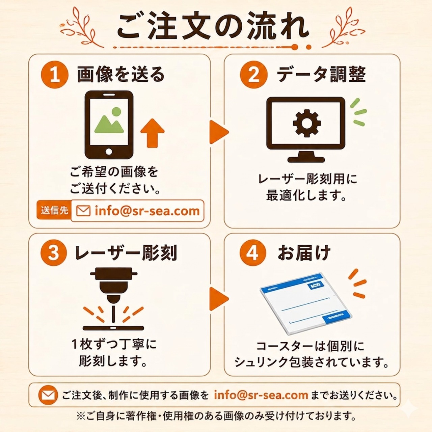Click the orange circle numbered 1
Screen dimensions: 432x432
(55, 75)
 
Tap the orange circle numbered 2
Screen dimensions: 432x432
(253, 75)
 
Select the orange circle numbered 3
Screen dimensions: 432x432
(54, 253)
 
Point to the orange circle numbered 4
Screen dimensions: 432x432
(253, 253)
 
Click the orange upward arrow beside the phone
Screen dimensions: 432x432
(153, 133)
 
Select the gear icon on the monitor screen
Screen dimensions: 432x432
(307, 123)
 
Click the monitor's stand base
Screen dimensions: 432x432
(306, 160)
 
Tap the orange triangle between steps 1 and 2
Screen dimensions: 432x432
(219, 132)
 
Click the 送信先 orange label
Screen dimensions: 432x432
(54, 211)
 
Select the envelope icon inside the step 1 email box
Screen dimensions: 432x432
(83, 211)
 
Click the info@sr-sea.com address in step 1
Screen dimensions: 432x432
(147, 211)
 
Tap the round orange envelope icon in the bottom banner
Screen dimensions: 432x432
(48, 395)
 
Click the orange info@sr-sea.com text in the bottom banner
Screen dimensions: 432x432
(261, 395)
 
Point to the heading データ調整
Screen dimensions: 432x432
(321, 75)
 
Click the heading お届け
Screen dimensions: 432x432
(304, 253)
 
